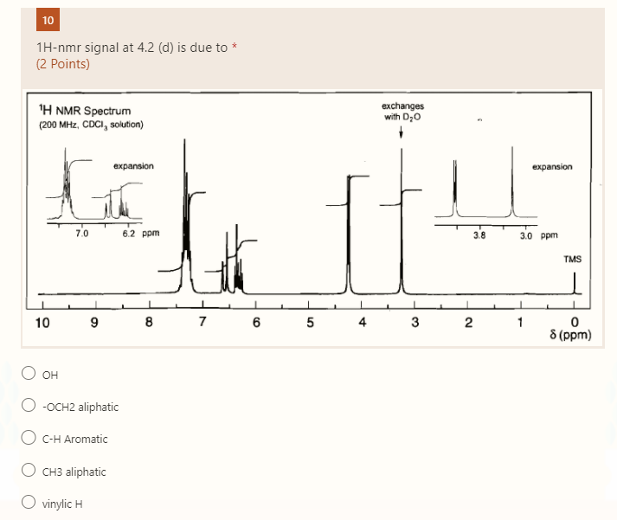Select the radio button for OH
29,374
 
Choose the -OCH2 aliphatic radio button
29,407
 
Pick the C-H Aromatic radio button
29,439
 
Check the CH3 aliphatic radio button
29,472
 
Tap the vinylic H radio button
29,504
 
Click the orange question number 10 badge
47,20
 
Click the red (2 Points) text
63,63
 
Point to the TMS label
572,260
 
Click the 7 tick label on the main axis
202,324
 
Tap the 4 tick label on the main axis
362,324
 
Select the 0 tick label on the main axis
574,324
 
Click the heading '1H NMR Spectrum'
86,111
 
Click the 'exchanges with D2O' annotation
402,112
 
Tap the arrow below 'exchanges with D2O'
402,133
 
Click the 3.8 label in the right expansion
480,234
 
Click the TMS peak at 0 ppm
574,283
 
